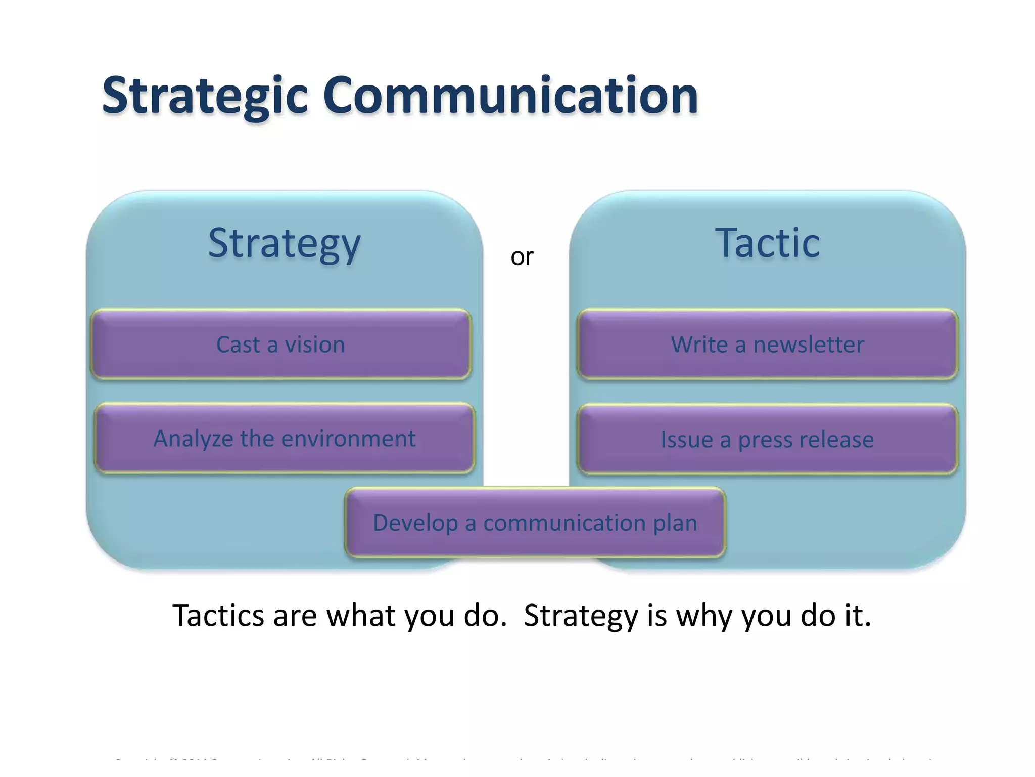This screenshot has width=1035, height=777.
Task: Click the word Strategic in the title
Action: [x=205, y=96]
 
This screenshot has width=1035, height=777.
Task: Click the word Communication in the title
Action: [x=510, y=96]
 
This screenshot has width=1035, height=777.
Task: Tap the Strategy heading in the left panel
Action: [x=284, y=244]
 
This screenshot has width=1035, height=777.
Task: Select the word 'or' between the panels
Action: [x=522, y=257]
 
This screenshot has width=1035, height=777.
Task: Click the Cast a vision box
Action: [x=281, y=344]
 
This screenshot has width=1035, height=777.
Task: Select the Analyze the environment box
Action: [x=284, y=439]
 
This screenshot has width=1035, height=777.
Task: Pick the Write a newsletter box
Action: [x=767, y=344]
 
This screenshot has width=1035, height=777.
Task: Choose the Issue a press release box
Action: [x=767, y=440]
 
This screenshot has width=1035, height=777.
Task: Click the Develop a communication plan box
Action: [x=535, y=523]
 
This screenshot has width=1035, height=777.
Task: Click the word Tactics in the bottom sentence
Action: [x=218, y=616]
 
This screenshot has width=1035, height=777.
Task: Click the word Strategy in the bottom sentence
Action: [x=581, y=617]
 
